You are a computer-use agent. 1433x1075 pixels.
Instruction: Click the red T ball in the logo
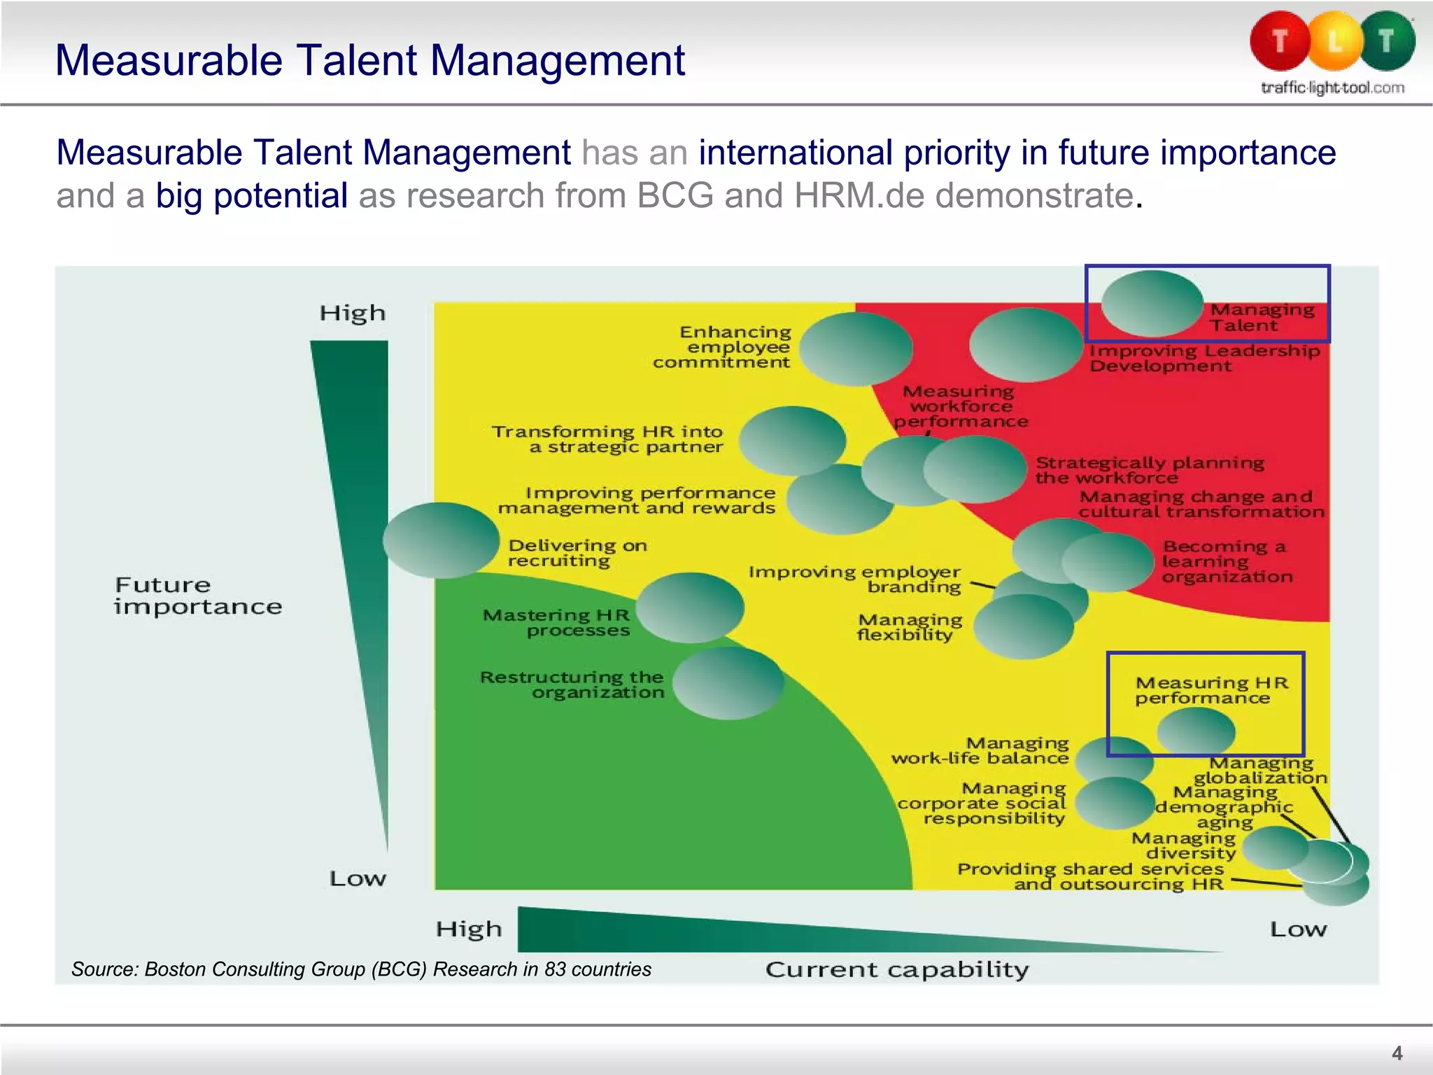pyautogui.click(x=1280, y=41)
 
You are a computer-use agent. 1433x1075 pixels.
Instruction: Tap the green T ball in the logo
pyautogui.click(x=1386, y=41)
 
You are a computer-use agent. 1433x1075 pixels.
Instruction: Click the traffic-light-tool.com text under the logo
pyautogui.click(x=1332, y=87)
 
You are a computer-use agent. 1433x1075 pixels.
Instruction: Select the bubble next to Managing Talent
pyautogui.click(x=1152, y=303)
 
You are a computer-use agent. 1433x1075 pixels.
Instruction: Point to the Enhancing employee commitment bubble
pyautogui.click(x=856, y=349)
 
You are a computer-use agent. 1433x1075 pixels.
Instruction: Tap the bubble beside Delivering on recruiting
pyautogui.click(x=441, y=540)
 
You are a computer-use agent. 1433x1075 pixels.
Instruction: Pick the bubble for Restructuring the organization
pyautogui.click(x=728, y=682)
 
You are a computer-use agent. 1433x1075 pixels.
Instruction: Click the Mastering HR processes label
pyautogui.click(x=557, y=622)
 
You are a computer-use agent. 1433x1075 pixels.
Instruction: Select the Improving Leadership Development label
pyautogui.click(x=1204, y=358)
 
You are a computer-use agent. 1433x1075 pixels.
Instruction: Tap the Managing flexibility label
pyautogui.click(x=909, y=627)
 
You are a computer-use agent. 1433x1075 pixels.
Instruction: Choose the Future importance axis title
pyautogui.click(x=198, y=595)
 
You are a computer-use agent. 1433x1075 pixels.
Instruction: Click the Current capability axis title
pyautogui.click(x=897, y=969)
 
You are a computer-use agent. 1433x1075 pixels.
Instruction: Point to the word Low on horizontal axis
pyautogui.click(x=1298, y=929)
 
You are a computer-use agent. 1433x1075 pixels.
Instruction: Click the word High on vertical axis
pyautogui.click(x=353, y=313)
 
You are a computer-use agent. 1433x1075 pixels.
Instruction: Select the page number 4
pyautogui.click(x=1397, y=1053)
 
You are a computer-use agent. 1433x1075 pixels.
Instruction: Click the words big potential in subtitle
pyautogui.click(x=251, y=195)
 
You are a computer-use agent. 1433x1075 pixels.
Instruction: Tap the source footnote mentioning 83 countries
pyautogui.click(x=361, y=969)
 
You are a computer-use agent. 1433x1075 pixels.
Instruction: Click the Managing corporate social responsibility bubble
pyautogui.click(x=1114, y=803)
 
